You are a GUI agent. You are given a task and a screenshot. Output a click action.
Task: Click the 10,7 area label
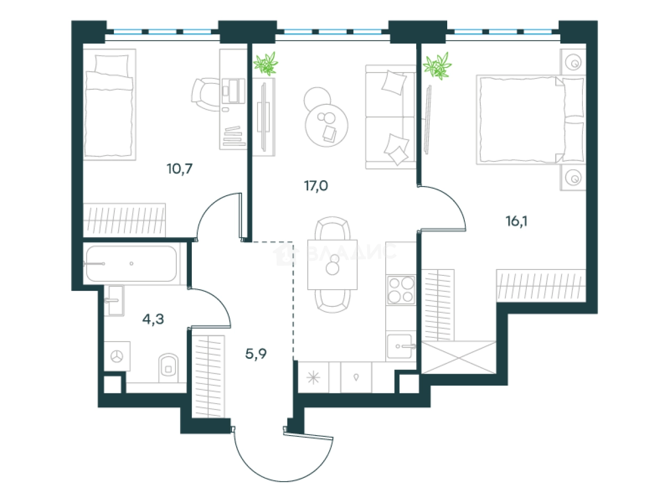click(180, 168)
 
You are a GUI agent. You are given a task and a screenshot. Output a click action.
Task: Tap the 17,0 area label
click(316, 185)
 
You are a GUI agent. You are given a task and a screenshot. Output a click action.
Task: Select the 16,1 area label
click(517, 221)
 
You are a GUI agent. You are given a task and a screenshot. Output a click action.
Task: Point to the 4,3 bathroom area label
click(153, 319)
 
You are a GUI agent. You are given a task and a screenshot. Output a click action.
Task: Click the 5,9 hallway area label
click(256, 354)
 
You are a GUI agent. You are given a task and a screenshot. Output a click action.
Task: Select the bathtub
click(131, 264)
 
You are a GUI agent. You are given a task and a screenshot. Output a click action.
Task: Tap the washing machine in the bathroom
click(117, 356)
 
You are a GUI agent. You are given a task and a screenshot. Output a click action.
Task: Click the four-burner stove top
click(401, 290)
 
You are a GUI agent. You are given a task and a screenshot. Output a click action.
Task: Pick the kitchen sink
click(401, 346)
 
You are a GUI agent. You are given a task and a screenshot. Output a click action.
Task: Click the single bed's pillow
click(112, 64)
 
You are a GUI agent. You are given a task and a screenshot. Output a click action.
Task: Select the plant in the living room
click(266, 64)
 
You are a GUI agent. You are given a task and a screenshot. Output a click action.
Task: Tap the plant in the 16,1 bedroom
click(437, 66)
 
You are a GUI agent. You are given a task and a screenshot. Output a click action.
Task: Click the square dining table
click(332, 265)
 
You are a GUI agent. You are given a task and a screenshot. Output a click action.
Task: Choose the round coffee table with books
click(326, 125)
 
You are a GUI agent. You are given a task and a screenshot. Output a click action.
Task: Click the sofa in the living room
click(391, 117)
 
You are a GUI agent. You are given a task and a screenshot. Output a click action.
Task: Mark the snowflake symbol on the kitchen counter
click(314, 378)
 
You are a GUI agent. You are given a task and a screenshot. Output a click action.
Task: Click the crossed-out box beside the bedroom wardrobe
click(458, 357)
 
